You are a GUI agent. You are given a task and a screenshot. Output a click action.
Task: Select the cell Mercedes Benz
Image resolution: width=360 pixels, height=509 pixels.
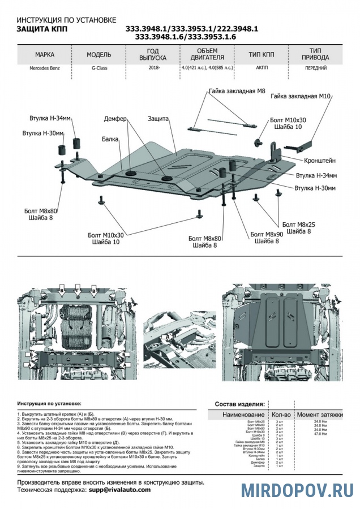tap(44, 68)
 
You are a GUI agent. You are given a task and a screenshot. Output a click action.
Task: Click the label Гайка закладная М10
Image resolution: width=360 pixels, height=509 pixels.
tap(300, 97)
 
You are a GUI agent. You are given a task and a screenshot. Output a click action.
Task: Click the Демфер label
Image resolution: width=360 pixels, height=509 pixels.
tap(117, 119)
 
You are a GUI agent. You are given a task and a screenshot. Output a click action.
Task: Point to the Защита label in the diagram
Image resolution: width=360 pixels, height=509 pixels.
tap(158, 119)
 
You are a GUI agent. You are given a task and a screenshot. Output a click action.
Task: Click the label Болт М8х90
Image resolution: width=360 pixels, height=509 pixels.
tap(266, 234)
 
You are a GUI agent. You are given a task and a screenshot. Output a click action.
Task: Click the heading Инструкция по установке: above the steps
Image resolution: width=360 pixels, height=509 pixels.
tap(49, 404)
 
